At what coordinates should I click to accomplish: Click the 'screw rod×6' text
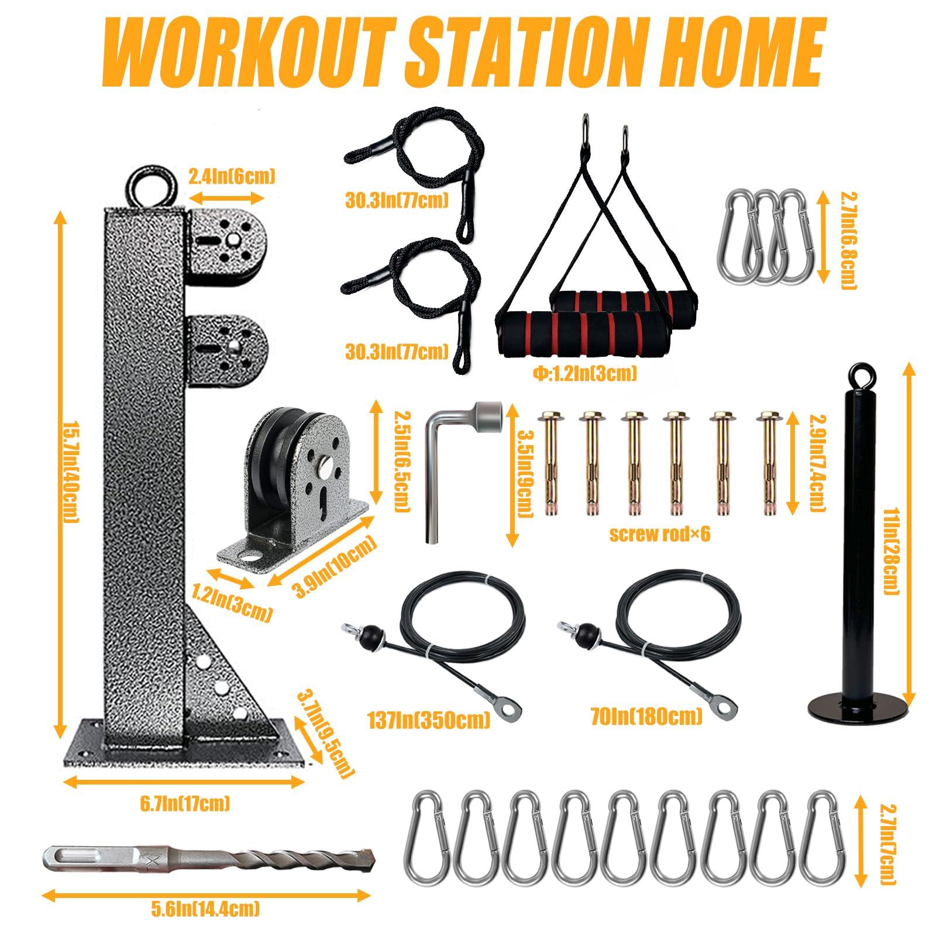click(x=659, y=534)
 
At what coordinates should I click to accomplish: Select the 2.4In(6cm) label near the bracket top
click(x=231, y=176)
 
